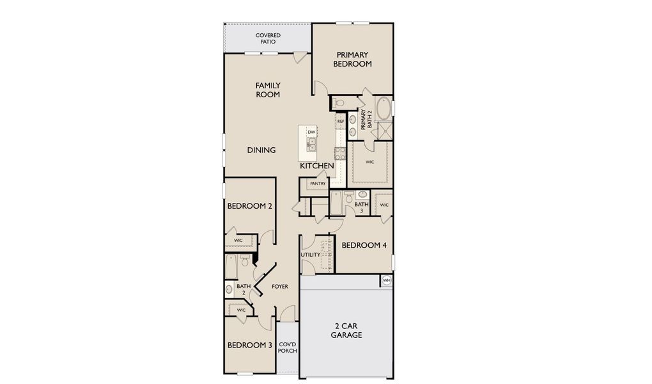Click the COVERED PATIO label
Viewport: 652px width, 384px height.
268,38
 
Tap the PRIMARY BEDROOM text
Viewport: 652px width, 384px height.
352,60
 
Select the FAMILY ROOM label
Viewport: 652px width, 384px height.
268,90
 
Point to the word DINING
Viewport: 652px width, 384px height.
261,150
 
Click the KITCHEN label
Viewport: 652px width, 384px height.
317,166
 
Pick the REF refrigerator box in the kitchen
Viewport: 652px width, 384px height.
341,121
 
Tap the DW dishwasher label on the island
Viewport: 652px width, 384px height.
311,132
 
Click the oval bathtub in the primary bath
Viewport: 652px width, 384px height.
384,109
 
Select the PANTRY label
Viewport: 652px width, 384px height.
318,184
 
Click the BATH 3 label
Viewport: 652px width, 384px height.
362,207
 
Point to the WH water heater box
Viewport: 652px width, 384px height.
386,280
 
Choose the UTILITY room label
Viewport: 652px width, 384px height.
310,255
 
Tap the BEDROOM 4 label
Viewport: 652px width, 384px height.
364,245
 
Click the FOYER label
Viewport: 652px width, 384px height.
280,287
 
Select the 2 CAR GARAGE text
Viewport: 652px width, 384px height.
346,331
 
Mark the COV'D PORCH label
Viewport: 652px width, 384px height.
287,347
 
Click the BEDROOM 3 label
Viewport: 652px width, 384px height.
250,346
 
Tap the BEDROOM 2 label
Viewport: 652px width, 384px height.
250,207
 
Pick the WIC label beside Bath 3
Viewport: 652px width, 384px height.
384,205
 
